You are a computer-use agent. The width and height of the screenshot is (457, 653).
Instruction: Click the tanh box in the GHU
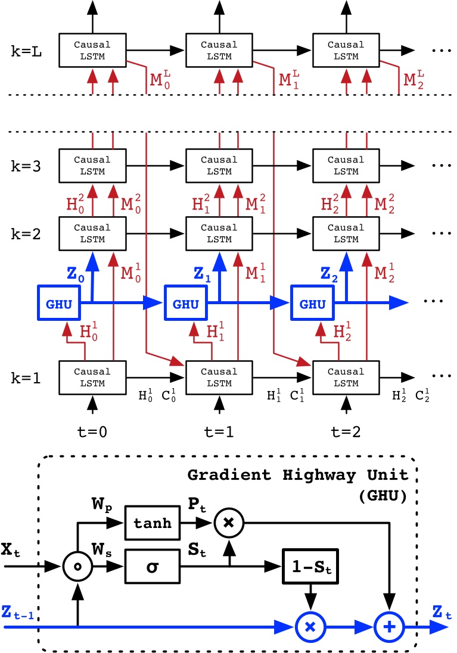point(152,523)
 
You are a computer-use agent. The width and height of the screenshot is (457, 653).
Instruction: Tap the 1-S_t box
point(310,565)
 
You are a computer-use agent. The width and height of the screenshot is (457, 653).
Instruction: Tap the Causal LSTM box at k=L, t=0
point(92,50)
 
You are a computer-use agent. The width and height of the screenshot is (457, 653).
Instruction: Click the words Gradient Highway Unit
point(298,476)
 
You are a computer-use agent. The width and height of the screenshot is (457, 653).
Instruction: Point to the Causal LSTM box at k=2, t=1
point(219,233)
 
